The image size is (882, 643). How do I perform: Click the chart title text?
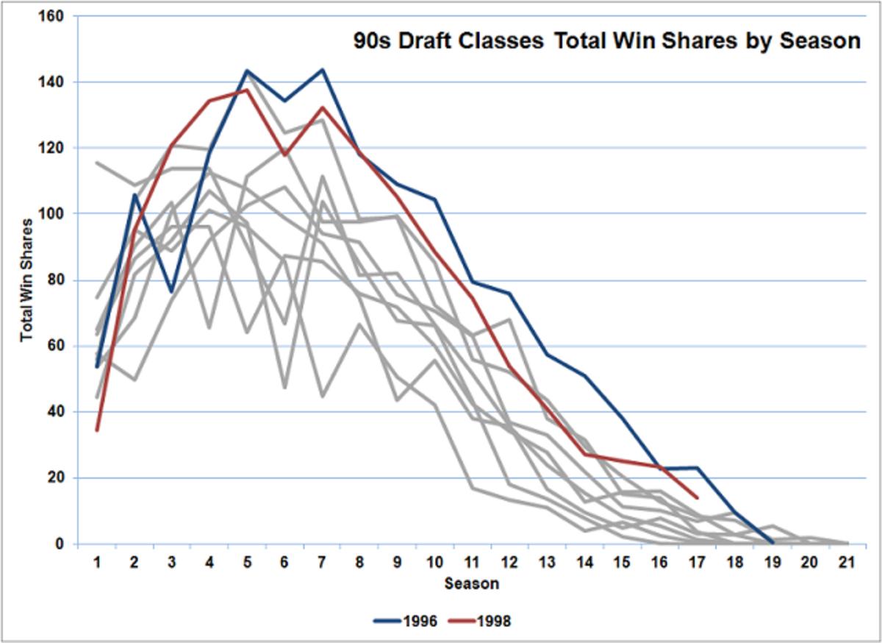pos(605,41)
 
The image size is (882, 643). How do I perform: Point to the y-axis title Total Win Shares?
pos(26,280)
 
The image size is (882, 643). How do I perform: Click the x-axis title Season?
pos(471,584)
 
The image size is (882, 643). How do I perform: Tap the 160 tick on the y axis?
pos(54,15)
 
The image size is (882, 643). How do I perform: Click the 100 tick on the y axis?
pos(54,214)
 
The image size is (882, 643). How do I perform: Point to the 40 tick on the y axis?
pos(57,412)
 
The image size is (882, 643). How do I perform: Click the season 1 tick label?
pos(96,562)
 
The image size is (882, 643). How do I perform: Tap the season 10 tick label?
pos(434,562)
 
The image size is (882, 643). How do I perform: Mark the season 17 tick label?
pos(697,562)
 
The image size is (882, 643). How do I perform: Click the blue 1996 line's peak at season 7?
pos(322,70)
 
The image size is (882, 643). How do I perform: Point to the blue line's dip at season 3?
pos(171,292)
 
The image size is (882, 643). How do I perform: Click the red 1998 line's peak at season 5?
pos(247,90)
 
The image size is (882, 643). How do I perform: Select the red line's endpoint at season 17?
pos(697,498)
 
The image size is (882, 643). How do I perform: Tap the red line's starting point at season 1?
pos(96,430)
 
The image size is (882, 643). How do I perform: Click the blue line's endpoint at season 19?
pos(772,542)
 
